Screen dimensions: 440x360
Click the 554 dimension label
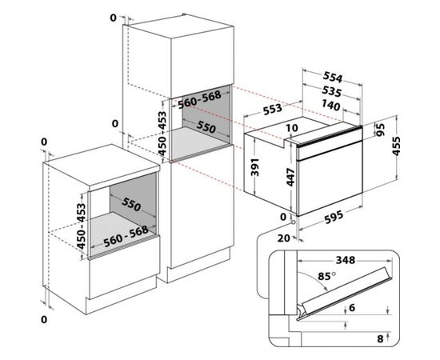tap(333, 77)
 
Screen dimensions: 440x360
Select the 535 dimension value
tap(331, 91)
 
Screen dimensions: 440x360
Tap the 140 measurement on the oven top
tap(330, 106)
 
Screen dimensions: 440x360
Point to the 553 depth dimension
tap(272, 109)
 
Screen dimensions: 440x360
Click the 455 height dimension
tap(397, 146)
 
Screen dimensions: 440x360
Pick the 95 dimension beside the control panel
tap(380, 130)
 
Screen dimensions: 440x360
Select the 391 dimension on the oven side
tap(255, 167)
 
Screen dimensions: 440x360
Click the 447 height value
tap(290, 177)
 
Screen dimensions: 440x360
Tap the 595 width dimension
tap(334, 218)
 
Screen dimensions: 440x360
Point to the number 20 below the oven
tap(284, 238)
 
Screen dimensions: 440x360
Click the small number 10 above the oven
tap(292, 128)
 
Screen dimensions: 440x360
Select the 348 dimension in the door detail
tap(346, 260)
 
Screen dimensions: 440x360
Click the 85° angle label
tap(326, 276)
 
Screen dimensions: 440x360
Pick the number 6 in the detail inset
tap(352, 308)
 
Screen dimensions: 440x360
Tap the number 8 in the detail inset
tap(380, 339)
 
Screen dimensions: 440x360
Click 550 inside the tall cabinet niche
tap(206, 127)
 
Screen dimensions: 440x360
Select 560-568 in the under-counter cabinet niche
tap(126, 236)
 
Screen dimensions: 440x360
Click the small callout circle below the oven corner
tap(294, 222)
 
